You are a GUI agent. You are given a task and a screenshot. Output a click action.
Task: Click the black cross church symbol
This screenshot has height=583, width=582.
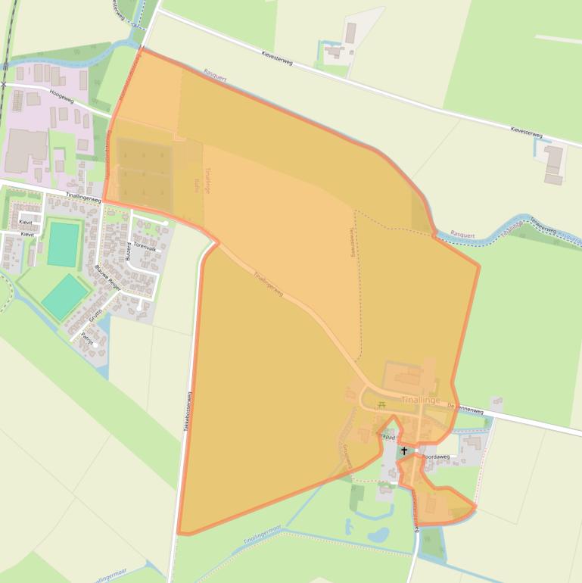coord(404,451)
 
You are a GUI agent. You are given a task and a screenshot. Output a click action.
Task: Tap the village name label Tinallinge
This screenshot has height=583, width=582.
coord(420,399)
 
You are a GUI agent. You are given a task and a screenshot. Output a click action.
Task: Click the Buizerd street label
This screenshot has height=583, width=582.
coord(129,251)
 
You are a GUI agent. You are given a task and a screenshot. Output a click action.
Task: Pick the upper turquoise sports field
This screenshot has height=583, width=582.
coord(63,243)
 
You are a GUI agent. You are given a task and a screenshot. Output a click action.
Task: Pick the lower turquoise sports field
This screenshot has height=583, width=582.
coord(65,296)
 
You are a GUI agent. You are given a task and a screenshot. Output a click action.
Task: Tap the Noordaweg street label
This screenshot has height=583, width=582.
coord(436,457)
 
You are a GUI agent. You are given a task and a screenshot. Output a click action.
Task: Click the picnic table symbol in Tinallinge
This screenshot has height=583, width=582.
coord(381,404)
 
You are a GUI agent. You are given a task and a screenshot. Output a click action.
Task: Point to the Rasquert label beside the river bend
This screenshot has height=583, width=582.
coord(463,234)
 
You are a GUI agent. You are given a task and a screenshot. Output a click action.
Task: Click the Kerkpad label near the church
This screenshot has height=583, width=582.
coord(387,437)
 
